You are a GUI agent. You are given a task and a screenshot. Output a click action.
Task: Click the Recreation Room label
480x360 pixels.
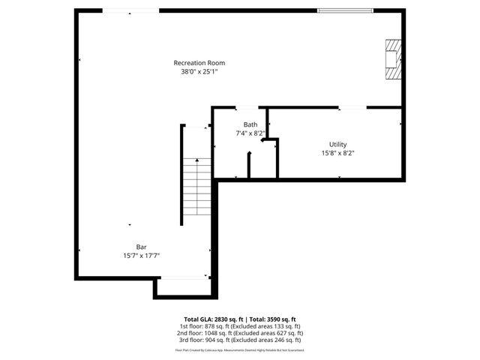[x=199, y=63]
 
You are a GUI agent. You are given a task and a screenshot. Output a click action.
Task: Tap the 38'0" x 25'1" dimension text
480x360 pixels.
[x=199, y=72]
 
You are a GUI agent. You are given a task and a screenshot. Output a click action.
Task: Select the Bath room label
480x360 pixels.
[x=250, y=124]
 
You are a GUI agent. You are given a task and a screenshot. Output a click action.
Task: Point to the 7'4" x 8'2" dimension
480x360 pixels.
[x=250, y=133]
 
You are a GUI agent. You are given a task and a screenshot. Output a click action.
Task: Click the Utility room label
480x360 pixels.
[x=337, y=144]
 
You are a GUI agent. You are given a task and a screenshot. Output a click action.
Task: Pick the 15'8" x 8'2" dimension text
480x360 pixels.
[x=337, y=153]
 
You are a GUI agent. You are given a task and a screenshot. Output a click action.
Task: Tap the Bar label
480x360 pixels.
[x=141, y=247]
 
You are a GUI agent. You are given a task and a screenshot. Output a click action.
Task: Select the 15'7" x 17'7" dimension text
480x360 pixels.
[x=141, y=256]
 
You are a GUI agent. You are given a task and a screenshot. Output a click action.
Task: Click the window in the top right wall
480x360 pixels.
[x=342, y=10]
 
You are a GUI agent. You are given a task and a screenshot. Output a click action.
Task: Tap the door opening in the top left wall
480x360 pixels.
[x=130, y=10]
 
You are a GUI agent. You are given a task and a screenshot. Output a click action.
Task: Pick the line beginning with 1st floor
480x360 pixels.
[x=239, y=326]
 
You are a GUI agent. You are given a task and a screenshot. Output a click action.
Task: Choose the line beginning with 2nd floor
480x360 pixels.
[x=239, y=333]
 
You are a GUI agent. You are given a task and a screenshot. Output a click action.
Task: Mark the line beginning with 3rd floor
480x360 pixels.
[x=239, y=340]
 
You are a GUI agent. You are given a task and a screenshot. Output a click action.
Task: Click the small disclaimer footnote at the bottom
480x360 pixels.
[x=239, y=349]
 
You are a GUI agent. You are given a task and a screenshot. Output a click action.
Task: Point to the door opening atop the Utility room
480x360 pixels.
[x=352, y=109]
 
